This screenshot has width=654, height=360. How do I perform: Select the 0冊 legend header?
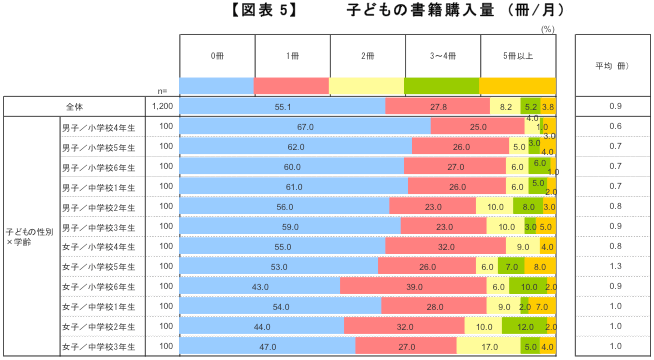click(217, 55)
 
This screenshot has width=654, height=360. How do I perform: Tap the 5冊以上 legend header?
click(517, 55)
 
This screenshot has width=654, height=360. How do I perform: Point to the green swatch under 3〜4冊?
click(442, 85)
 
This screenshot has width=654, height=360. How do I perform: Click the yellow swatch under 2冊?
click(367, 85)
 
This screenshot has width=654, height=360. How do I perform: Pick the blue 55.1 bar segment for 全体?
click(282, 106)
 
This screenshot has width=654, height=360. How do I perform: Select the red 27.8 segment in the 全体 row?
click(437, 106)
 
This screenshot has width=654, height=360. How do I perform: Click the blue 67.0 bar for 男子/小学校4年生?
click(305, 127)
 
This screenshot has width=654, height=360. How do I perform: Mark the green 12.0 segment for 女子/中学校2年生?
click(525, 327)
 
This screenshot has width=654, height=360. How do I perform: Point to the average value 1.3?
click(615, 267)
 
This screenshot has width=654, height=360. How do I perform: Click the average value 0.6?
click(615, 127)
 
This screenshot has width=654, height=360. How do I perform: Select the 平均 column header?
click(611, 66)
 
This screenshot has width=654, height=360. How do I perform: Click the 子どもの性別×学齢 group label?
click(29, 237)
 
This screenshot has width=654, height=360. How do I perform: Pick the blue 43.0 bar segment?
click(259, 287)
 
